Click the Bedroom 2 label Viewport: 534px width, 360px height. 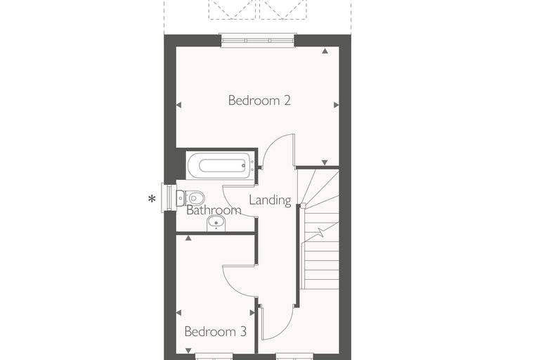[x=259, y=101]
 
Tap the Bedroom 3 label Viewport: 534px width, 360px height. [x=215, y=331]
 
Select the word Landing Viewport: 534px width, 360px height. [x=270, y=200]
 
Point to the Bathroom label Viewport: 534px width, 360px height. [x=214, y=210]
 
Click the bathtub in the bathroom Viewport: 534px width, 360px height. [x=221, y=166]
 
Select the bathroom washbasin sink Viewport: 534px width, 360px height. [x=216, y=224]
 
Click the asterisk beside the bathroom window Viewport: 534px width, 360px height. [x=152, y=199]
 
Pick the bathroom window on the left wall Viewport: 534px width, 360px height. [x=167, y=198]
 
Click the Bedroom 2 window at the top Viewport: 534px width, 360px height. [x=257, y=40]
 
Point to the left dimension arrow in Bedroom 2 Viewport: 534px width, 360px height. [x=178, y=105]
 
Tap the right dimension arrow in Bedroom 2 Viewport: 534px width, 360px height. [x=336, y=105]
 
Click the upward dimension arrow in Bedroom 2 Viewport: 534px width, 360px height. [x=325, y=51]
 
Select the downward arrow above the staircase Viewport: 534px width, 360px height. [x=325, y=162]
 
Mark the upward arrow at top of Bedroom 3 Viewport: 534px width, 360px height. [x=188, y=238]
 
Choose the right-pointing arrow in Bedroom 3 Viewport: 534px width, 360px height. [x=252, y=313]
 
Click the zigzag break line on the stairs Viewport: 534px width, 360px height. [x=321, y=232]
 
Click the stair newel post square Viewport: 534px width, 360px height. [x=303, y=205]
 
